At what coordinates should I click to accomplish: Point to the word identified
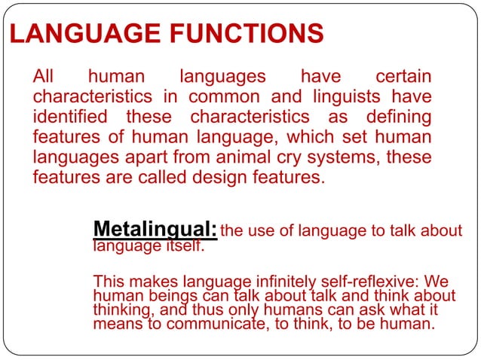(69, 117)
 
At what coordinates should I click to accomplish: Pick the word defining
(400, 117)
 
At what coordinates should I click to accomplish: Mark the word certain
(403, 77)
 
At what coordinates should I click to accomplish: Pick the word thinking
(122, 310)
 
